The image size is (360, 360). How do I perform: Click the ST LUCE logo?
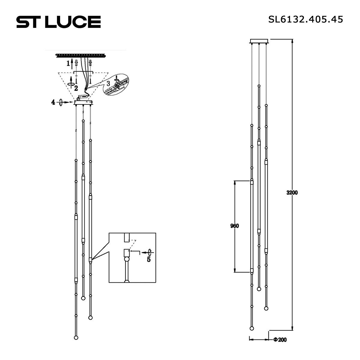coord(59,22)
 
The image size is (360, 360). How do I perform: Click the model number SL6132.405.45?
coord(306,19)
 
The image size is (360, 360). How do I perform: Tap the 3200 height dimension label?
coord(292,193)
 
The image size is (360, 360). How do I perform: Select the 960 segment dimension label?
coord(235,226)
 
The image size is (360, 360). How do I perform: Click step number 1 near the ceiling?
coord(68,64)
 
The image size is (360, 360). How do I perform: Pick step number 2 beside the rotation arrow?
coord(76,88)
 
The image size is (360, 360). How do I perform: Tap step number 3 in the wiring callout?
coord(108,83)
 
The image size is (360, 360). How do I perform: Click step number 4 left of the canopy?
coord(53,102)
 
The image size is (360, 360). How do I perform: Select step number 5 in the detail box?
coord(149,259)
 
